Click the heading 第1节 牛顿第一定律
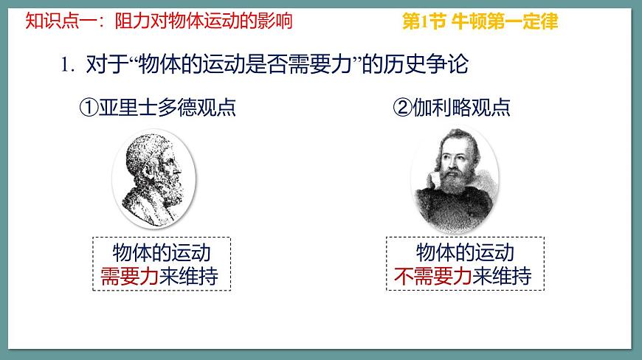(480, 21)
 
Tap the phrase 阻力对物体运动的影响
(204, 21)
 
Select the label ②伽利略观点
(452, 108)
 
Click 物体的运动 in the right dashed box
(466, 253)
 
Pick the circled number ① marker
(89, 108)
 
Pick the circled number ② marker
(401, 108)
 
